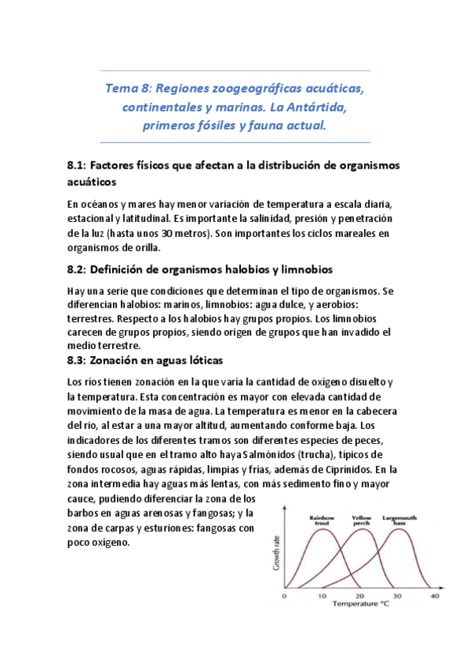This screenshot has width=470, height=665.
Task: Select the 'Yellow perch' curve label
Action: click(x=362, y=521)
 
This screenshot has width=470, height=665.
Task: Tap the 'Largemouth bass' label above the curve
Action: click(x=400, y=521)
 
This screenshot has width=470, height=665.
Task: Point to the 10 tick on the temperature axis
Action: click(x=322, y=596)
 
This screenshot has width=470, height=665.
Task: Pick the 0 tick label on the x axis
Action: click(x=284, y=596)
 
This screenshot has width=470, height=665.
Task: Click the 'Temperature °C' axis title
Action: click(x=359, y=605)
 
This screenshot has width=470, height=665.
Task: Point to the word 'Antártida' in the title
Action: click(x=323, y=106)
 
